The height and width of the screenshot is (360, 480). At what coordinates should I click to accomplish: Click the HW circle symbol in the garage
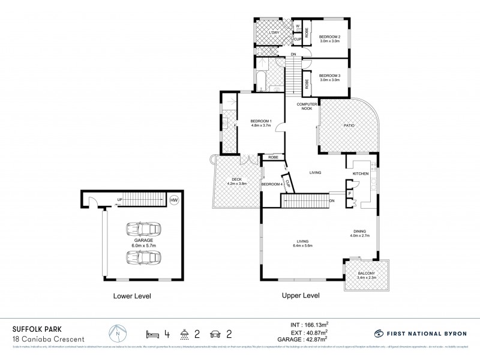click(174, 200)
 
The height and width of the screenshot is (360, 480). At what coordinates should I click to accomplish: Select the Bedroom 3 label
click(329, 77)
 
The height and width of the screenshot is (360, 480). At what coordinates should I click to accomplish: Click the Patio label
click(349, 125)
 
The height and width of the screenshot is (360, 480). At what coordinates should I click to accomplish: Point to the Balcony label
click(365, 275)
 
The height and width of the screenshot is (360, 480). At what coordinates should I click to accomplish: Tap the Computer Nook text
click(304, 106)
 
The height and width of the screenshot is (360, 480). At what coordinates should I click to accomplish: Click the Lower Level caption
click(133, 296)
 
